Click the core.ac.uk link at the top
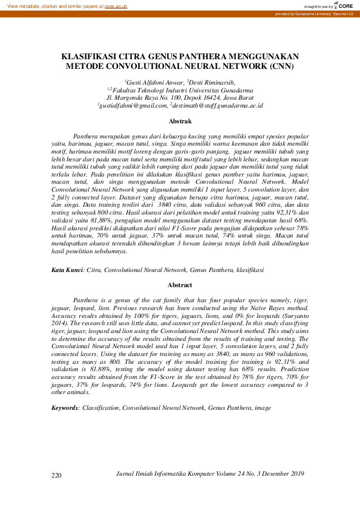116,5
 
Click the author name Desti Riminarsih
211,82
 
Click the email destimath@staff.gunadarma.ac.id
216,105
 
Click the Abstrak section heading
180,121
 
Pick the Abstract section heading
180,284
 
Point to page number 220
57,476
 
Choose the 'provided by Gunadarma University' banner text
314,13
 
